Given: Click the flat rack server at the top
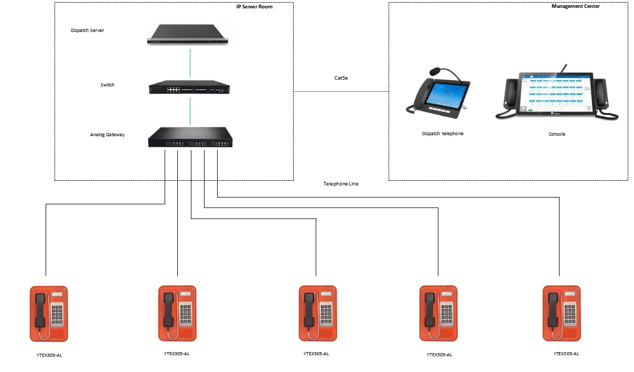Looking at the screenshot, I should [188, 35].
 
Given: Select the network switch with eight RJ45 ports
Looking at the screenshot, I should [190, 86].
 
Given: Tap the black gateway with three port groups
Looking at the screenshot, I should [190, 139].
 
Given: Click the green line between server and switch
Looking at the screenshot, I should [190, 63].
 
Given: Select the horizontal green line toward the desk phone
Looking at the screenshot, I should [341, 90].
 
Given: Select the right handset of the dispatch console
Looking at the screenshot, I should [601, 95].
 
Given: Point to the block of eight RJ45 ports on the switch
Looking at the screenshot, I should [174, 90].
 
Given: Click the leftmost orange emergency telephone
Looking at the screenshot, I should [50, 314].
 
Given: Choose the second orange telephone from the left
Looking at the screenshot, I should [176, 314].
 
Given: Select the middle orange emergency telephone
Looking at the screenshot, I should [319, 314].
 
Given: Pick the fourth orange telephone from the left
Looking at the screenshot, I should [440, 314].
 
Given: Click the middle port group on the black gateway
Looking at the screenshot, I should [199, 143].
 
